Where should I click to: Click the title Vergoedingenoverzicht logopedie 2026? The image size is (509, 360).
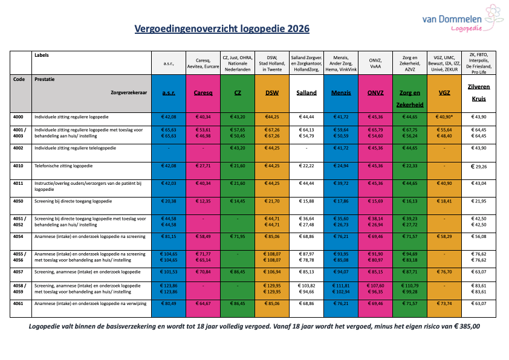(221, 28)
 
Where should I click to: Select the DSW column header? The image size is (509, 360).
(272, 93)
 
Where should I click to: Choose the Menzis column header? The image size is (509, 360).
(341, 93)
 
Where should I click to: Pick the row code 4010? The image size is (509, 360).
(19, 165)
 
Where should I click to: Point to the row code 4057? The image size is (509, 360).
(19, 272)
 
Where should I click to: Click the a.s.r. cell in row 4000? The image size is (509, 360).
(169, 117)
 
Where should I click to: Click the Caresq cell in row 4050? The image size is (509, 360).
(203, 201)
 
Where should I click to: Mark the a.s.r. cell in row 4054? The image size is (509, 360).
(169, 236)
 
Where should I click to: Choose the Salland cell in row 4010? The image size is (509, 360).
(306, 165)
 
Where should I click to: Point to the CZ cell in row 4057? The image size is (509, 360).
(238, 272)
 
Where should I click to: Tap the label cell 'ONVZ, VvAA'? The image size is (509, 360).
(375, 63)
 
